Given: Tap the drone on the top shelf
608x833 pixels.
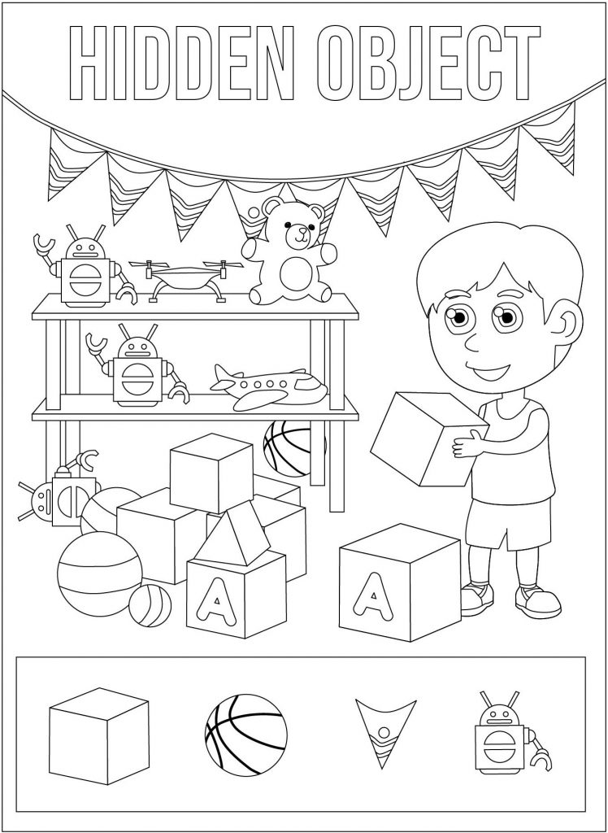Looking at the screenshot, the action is pos(186,279).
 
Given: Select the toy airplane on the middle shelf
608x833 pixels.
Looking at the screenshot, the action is pos(269,386).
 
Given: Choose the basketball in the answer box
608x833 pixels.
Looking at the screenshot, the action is pos(245,735).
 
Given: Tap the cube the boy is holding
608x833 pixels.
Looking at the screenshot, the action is pos(429,438).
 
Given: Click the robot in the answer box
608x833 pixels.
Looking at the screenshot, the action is pos(510,733).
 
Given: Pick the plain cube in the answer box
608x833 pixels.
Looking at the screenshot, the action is pos(99,736).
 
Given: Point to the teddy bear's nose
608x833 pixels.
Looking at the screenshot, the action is pos(302,231).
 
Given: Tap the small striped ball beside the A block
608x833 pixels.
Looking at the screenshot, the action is pos(150,605).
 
